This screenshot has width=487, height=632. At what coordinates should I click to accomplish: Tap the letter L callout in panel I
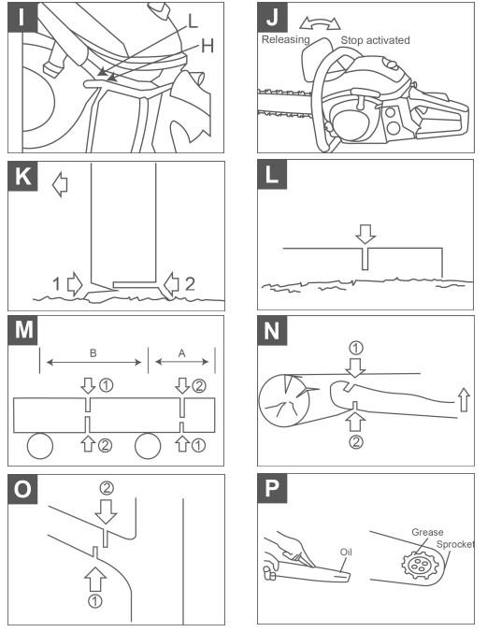[x=193, y=18]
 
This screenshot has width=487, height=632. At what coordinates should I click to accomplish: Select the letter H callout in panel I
[x=208, y=45]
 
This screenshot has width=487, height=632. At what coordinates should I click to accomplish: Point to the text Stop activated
[x=375, y=41]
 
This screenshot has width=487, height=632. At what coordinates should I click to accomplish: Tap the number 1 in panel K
[x=58, y=282]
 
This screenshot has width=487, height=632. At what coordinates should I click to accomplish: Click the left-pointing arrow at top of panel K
[x=61, y=184]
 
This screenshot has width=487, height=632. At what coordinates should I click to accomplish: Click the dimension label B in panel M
[x=93, y=354]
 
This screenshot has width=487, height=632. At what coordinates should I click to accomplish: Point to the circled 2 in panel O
[x=106, y=488]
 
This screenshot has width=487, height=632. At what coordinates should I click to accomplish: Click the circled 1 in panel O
[x=94, y=601]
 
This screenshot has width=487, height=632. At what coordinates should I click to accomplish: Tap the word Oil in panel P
[x=346, y=552]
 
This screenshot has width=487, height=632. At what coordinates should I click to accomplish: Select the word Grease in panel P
[x=426, y=532]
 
